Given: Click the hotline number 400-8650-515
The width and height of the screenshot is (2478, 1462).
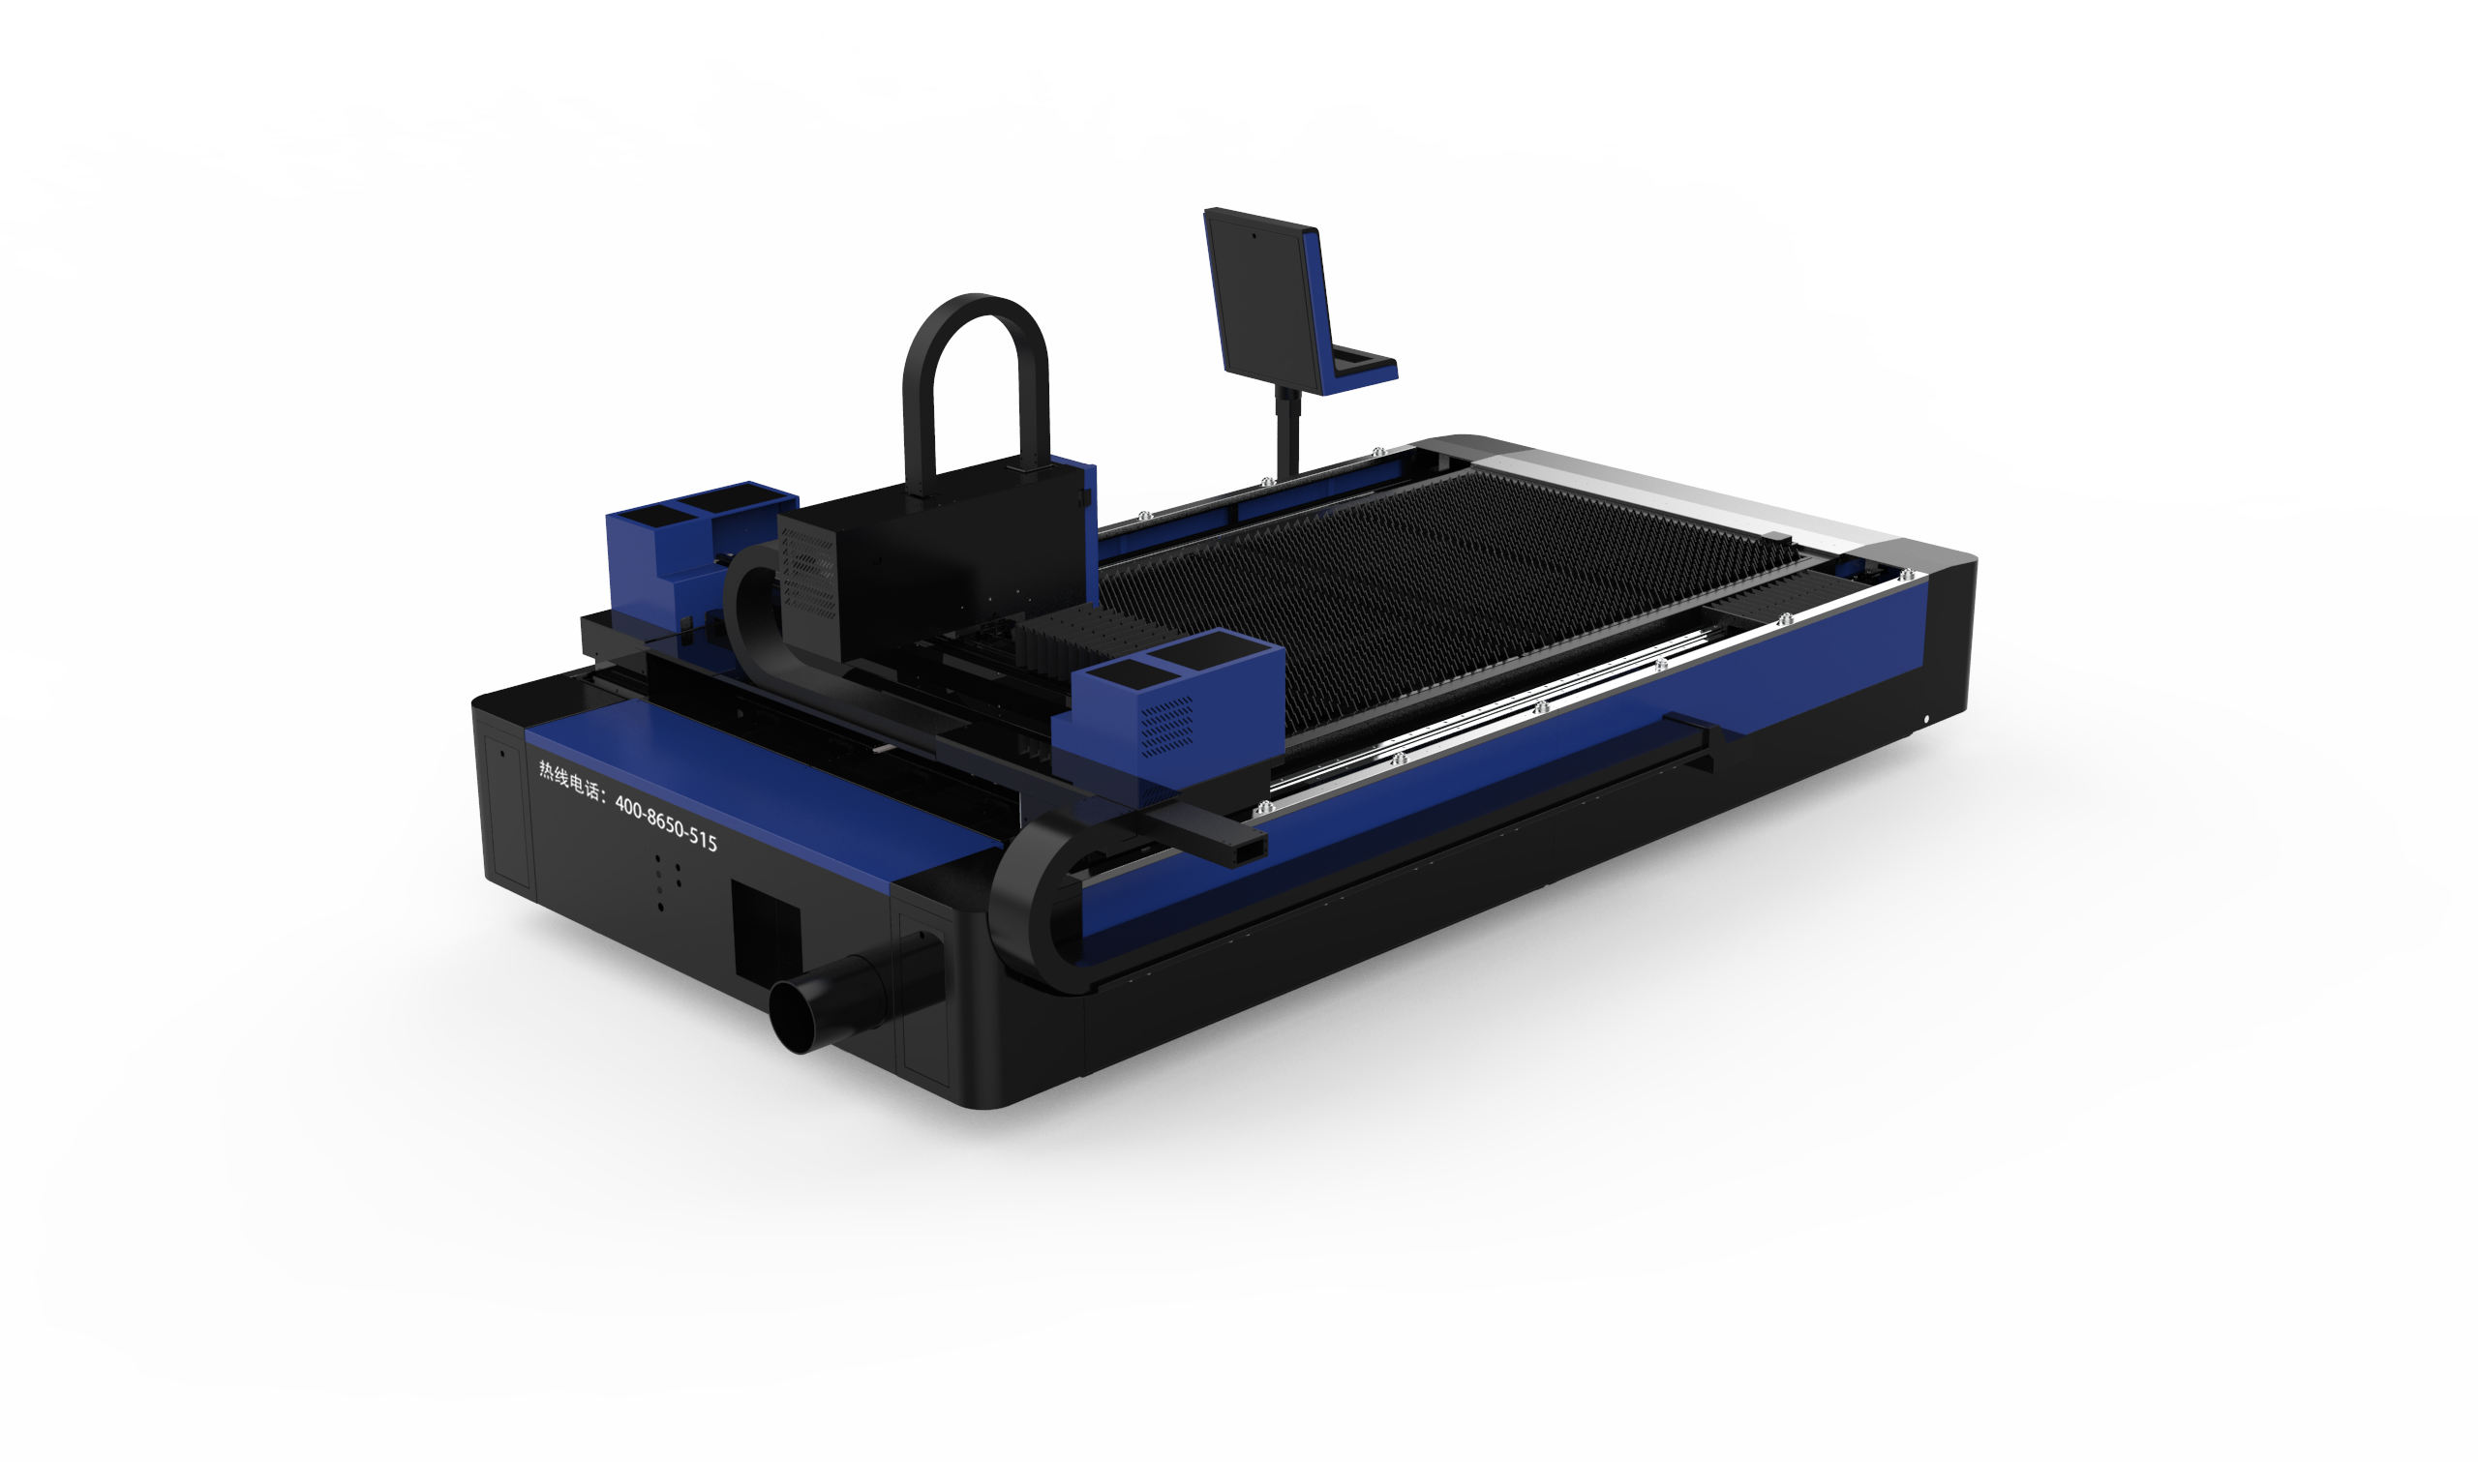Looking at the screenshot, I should pos(666,822).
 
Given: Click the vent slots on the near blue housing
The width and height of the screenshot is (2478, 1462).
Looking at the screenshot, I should pos(1168,725).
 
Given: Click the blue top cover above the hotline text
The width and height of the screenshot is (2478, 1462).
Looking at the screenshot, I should pos(749,778).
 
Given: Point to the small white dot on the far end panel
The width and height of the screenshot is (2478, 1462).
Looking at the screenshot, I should pos(1928,719).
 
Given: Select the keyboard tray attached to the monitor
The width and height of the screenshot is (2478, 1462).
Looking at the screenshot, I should pos(1365,370).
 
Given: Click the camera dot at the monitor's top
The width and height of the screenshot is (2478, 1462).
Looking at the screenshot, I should pos(1254,236).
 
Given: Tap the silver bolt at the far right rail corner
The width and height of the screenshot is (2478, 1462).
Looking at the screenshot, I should pos(1908,574).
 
